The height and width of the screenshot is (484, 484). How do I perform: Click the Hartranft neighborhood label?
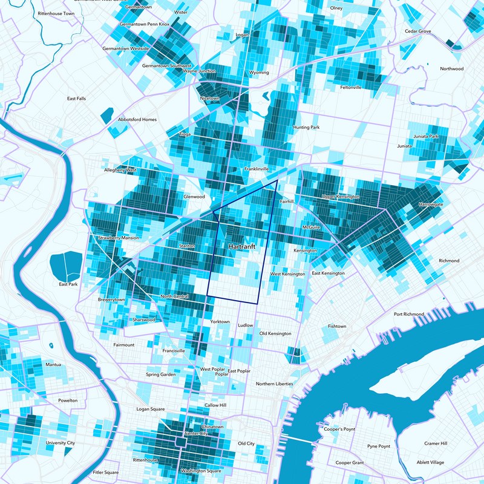pos(241,247)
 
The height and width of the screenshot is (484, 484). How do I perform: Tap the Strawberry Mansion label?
pos(118,238)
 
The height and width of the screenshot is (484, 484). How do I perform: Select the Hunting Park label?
pos(306,128)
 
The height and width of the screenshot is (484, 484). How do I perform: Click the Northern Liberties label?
pos(274,384)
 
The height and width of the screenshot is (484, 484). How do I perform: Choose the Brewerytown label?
pos(111,299)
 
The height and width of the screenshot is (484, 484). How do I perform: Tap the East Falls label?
pos(76,99)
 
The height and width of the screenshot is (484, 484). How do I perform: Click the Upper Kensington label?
pos(341,197)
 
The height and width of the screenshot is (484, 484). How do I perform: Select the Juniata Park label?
pos(426,137)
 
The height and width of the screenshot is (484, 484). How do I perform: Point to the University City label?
pos(62,443)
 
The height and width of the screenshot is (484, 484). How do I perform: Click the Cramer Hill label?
pos(436,443)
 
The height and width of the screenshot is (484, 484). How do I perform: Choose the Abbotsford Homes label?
pos(137,119)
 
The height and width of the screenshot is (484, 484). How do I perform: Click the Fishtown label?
pos(337,326)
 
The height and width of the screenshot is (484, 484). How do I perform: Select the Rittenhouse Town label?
pos(56,13)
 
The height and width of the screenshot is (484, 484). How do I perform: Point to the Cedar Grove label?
pos(418,31)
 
